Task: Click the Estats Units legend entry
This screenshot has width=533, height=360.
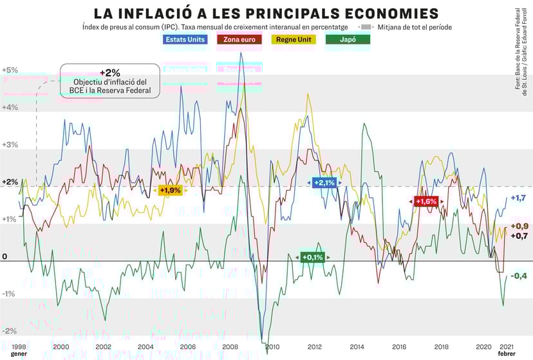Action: [185, 39]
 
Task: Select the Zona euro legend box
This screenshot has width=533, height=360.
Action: [240, 39]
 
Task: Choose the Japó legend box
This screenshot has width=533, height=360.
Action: [348, 39]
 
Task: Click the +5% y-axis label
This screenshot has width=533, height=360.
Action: [10, 70]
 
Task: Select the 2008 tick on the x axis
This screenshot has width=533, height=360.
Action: [229, 347]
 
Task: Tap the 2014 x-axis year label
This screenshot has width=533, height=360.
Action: [356, 347]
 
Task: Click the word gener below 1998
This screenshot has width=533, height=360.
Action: [19, 354]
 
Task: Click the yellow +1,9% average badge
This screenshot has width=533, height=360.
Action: [170, 191]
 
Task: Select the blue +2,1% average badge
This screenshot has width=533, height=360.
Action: [324, 183]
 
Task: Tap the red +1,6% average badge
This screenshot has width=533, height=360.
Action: [426, 202]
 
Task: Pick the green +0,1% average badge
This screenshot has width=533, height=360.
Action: [312, 257]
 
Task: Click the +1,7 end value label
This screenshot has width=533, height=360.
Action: [518, 198]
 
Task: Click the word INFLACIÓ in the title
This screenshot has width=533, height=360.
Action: [180, 13]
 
